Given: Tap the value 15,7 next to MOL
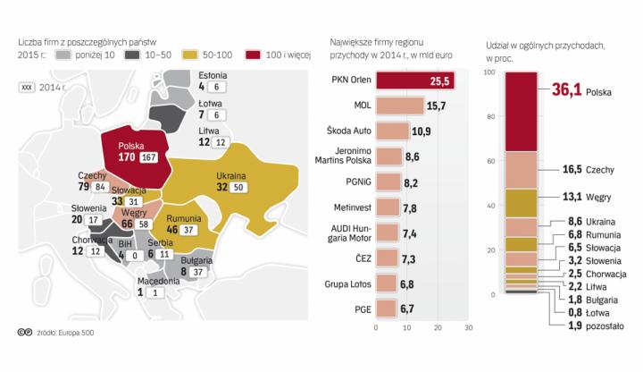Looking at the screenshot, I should [437, 106].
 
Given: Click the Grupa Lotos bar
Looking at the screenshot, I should [387, 283].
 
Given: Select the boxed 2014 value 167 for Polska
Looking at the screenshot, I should [148, 157].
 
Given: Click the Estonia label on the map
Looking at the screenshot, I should [213, 75].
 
